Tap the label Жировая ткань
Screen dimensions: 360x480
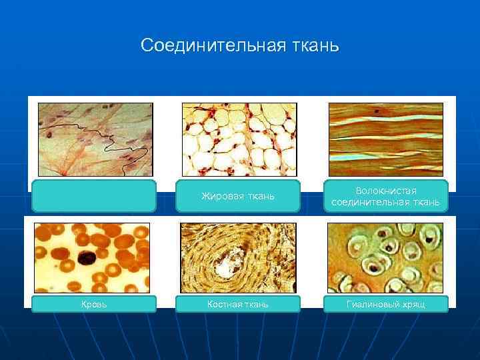[x=238, y=196]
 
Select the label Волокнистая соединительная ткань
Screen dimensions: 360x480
[x=385, y=196]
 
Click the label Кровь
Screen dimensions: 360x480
[x=94, y=304]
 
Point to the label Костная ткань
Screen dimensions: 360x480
[x=238, y=304]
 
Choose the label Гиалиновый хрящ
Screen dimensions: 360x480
[x=385, y=304]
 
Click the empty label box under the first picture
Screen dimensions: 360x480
[x=94, y=196]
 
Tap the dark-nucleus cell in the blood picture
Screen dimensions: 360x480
[x=87, y=257]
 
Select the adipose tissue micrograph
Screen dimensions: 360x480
[x=239, y=139]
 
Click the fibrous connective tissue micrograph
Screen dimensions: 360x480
[x=385, y=139]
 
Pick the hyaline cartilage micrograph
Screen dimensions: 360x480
[x=385, y=257]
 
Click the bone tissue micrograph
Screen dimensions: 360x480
[x=238, y=257]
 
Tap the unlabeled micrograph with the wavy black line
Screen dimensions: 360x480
[x=95, y=139]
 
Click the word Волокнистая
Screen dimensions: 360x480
[x=385, y=191]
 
